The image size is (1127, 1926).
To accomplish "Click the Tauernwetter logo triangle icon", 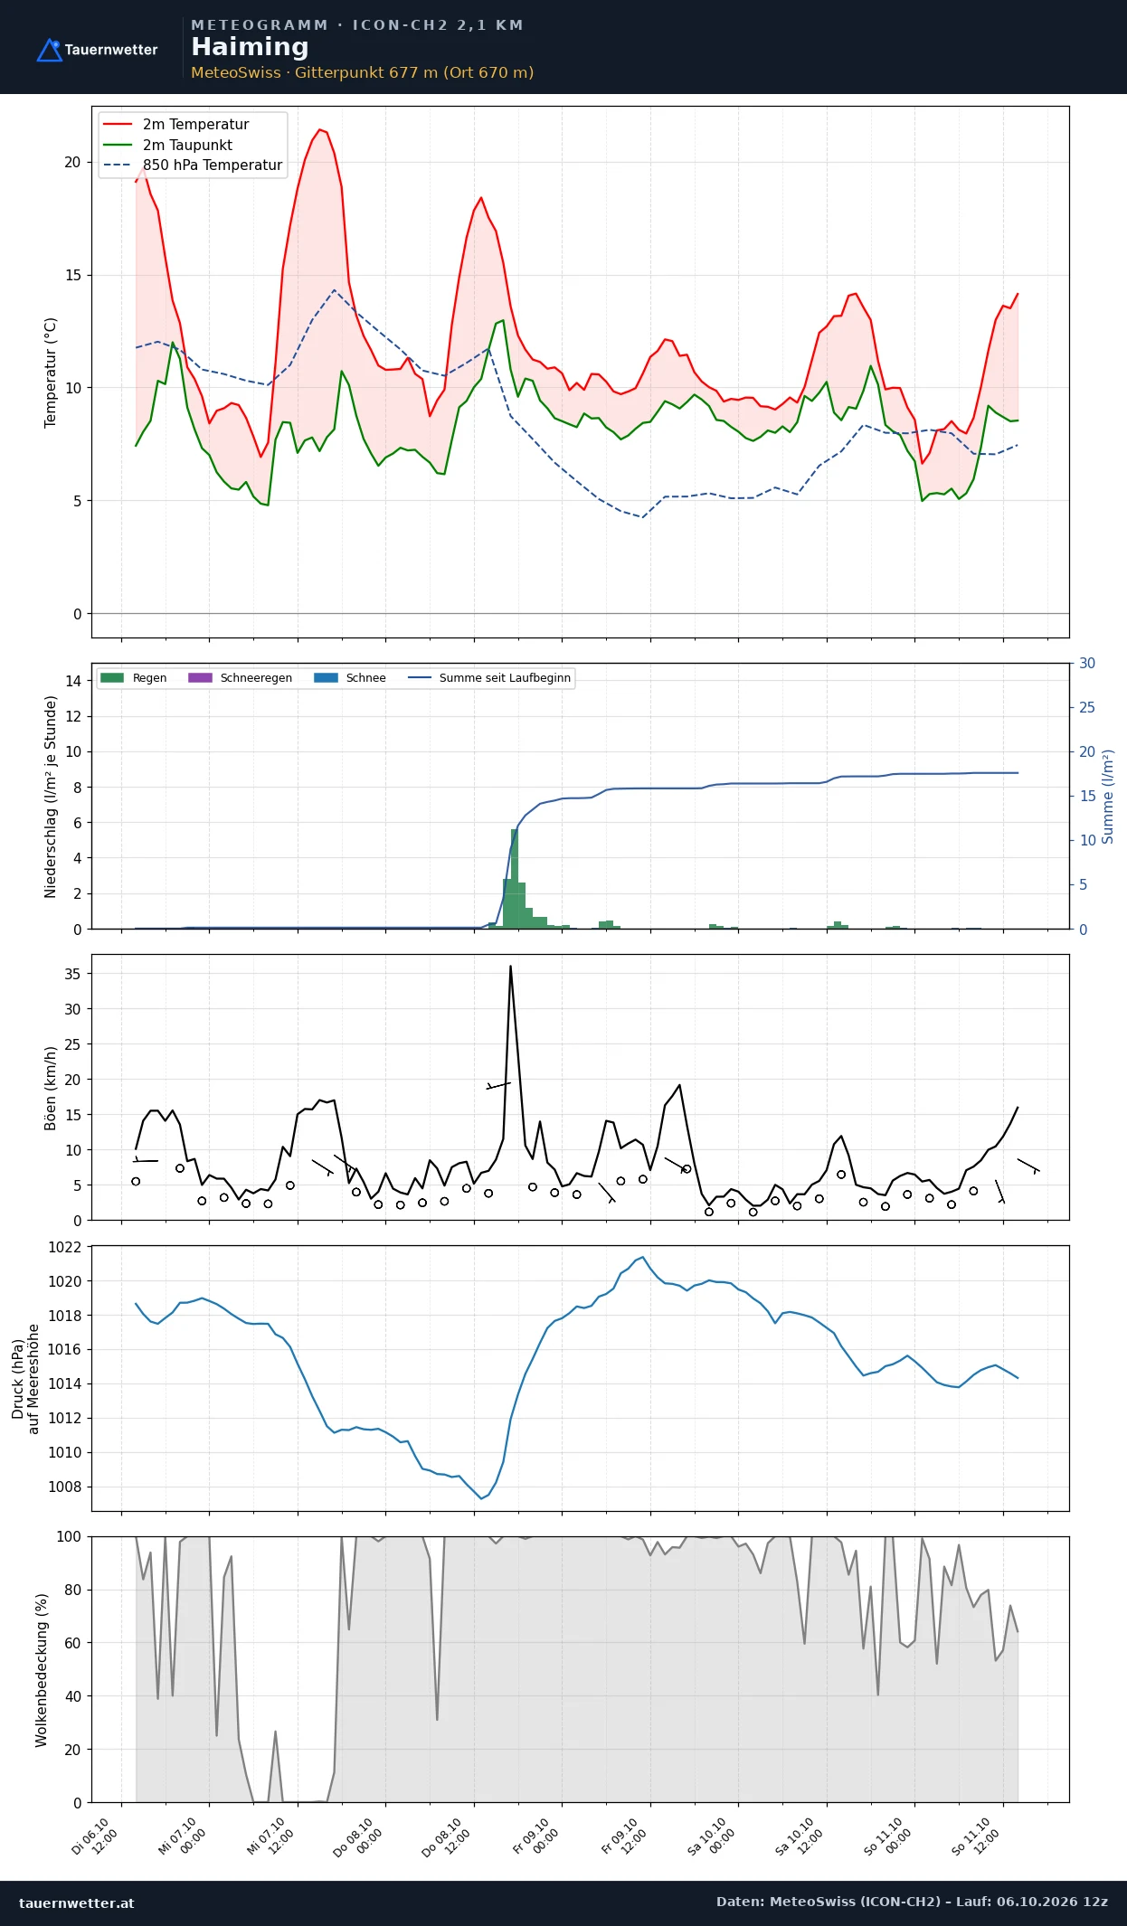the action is (49, 51).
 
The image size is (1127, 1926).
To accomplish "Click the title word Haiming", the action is (250, 47).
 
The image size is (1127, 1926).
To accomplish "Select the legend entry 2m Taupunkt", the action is (168, 145).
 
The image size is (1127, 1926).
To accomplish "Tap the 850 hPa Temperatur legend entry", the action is (194, 165).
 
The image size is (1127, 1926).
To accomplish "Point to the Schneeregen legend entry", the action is (240, 677).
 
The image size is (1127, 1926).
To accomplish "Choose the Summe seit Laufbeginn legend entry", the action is (489, 677).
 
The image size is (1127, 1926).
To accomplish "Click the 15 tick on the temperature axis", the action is (72, 275).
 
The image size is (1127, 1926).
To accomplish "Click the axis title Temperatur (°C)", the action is (51, 373).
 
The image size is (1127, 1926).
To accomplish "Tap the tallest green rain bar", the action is (514, 878).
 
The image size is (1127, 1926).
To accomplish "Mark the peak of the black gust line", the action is (510, 966).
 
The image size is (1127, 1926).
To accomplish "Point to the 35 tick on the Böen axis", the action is (72, 974).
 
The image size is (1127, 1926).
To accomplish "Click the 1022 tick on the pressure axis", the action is (64, 1247).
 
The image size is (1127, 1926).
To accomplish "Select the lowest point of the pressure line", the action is (481, 1499).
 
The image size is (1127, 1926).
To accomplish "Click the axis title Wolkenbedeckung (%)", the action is (42, 1669).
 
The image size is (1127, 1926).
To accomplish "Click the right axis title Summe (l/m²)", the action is (1108, 796).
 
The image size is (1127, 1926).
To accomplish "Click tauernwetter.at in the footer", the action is (77, 1902).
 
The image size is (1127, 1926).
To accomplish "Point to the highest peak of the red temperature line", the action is (319, 129).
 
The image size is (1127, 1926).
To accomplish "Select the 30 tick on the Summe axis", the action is (1087, 663).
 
